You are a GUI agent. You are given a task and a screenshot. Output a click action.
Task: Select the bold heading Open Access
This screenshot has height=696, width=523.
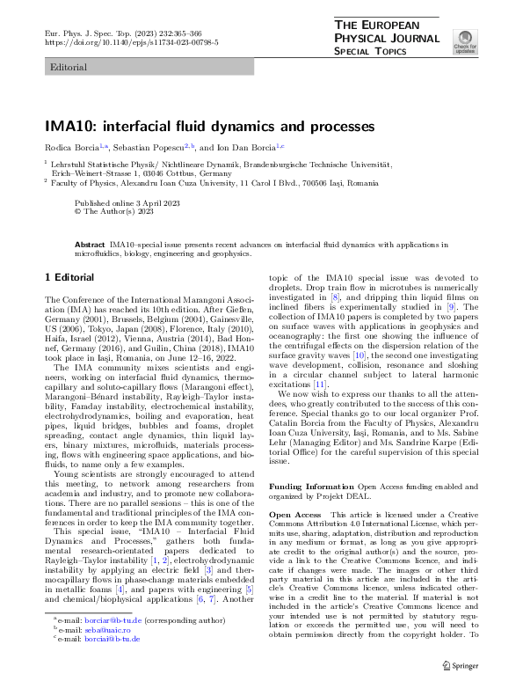pyautogui.click(x=294, y=514)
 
